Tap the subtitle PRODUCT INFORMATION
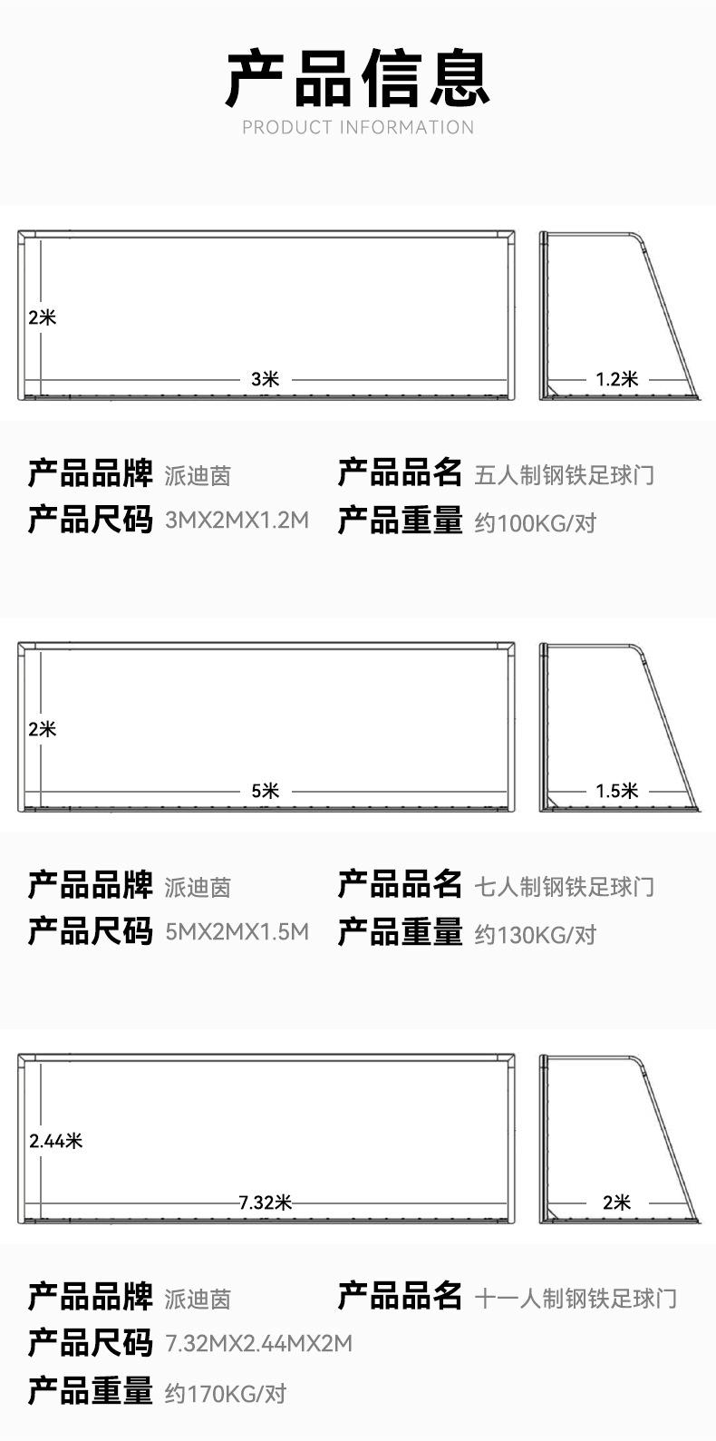(358, 128)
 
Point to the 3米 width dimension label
(265, 379)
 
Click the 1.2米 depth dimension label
(616, 379)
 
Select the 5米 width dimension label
(265, 791)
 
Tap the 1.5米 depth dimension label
(616, 791)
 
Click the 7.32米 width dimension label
(265, 1202)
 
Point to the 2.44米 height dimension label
(55, 1141)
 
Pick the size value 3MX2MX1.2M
(237, 521)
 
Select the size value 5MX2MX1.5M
(237, 932)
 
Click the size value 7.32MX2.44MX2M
(258, 1343)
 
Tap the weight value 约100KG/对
(535, 522)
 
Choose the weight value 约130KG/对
(535, 934)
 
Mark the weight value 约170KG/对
(225, 1393)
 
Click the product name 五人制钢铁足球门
(564, 474)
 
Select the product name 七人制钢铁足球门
(564, 886)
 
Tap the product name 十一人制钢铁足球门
(576, 1298)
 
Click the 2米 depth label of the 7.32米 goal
(616, 1202)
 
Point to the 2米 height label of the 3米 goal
(42, 317)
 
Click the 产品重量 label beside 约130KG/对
(400, 932)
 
